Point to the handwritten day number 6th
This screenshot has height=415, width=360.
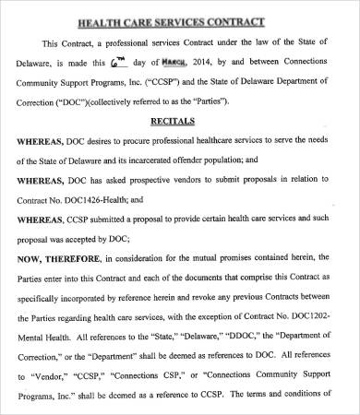pos(117,64)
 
